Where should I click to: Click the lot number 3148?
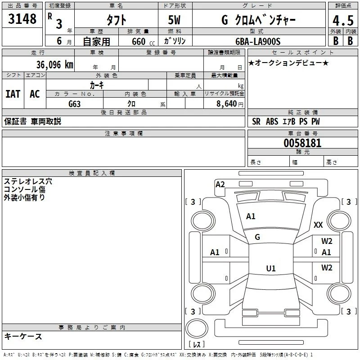point(22,18)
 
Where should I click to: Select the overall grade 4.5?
point(343,20)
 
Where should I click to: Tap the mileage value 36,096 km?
point(54,65)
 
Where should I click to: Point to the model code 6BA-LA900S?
point(258,41)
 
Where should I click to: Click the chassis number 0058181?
point(302,143)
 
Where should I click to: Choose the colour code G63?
point(74,104)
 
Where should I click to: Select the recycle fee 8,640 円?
point(229,104)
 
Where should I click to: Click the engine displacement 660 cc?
point(143,41)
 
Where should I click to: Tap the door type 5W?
point(174,20)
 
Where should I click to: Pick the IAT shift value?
point(13,94)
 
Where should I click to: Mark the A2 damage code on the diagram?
point(220,184)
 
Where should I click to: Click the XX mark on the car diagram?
point(318,225)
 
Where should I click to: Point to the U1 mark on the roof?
point(271,268)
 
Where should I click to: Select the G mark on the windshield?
point(257,237)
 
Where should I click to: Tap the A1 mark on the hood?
point(251,216)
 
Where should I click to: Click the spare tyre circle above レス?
point(197,328)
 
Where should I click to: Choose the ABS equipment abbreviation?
point(272,121)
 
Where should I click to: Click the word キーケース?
point(23,336)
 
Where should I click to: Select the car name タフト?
point(117,20)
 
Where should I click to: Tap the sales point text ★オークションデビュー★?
point(288,63)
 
